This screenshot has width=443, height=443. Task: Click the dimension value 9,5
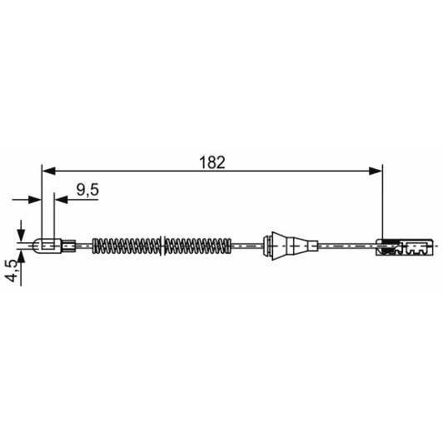pyautogui.click(x=87, y=190)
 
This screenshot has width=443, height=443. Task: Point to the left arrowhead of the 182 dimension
pyautogui.click(x=47, y=172)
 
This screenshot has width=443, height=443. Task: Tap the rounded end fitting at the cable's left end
pyautogui.click(x=47, y=246)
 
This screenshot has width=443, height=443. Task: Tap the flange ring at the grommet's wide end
pyautogui.click(x=268, y=246)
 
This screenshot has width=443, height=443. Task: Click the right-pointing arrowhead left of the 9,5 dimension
pyautogui.click(x=36, y=199)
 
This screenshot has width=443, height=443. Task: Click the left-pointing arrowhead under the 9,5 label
pyautogui.click(x=59, y=199)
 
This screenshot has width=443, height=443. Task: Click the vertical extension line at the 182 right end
pyautogui.click(x=382, y=208)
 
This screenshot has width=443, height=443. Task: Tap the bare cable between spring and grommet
pyautogui.click(x=245, y=246)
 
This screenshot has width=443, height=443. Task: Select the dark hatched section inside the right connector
pyautogui.click(x=386, y=246)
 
